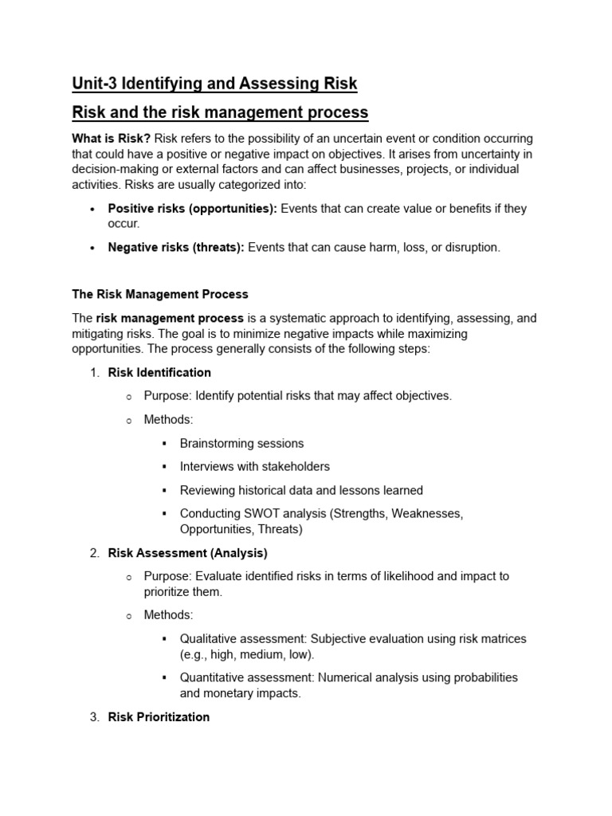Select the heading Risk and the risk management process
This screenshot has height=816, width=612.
(220, 112)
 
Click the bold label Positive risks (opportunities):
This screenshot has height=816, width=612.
(193, 209)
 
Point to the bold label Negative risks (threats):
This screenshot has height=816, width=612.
(176, 247)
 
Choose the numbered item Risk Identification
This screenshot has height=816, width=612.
(159, 372)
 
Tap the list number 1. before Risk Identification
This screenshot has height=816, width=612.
(94, 372)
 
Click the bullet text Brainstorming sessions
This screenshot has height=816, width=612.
(241, 443)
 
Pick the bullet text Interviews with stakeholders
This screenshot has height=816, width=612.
(254, 466)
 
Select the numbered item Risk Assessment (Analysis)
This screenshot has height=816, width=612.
(188, 552)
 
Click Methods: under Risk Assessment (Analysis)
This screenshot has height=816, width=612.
(168, 614)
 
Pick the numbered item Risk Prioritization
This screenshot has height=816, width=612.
(159, 716)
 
